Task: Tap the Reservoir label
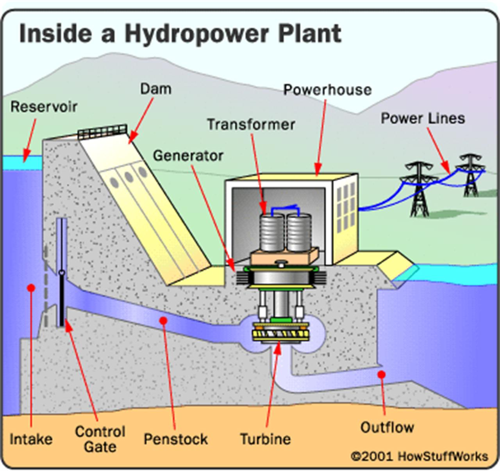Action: pyautogui.click(x=44, y=107)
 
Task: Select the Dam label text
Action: pyautogui.click(x=155, y=89)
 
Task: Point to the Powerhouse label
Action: pyautogui.click(x=327, y=90)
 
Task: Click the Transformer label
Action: pyautogui.click(x=251, y=124)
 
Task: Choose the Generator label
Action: pyautogui.click(x=188, y=156)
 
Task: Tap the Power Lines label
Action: pyautogui.click(x=423, y=118)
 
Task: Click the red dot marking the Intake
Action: pyautogui.click(x=31, y=288)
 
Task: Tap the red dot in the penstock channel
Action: pyautogui.click(x=164, y=321)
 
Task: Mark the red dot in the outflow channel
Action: pyautogui.click(x=382, y=375)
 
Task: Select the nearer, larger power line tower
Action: pyautogui.click(x=419, y=188)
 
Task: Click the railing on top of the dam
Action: pyautogui.click(x=102, y=132)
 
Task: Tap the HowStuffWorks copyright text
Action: pyautogui.click(x=419, y=456)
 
